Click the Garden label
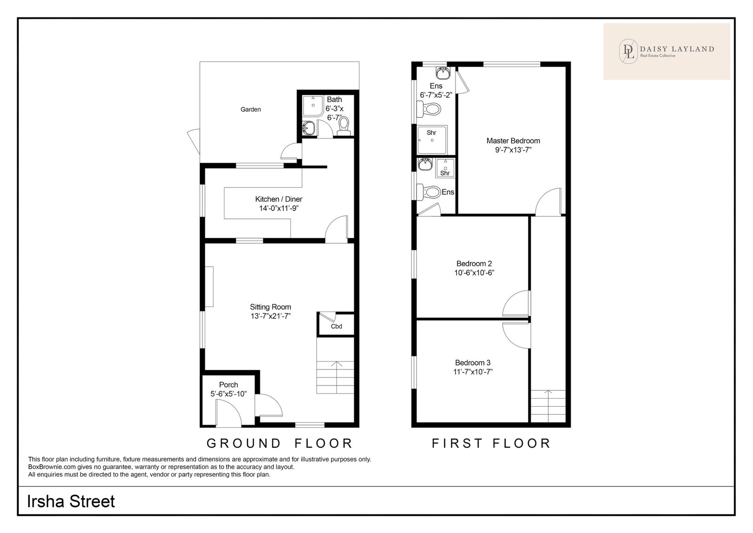(250, 109)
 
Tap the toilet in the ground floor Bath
(344, 126)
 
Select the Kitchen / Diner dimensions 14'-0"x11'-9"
(279, 208)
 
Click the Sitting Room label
(270, 307)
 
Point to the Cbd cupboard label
(336, 326)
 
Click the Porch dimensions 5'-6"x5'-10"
(229, 394)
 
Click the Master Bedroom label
(513, 141)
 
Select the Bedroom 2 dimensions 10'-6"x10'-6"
(474, 273)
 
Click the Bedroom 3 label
(473, 362)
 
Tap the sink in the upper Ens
(443, 73)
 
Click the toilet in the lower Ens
(428, 192)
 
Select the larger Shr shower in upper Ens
(432, 140)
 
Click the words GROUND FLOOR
(280, 443)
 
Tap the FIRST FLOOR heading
(491, 443)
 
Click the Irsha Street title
(71, 501)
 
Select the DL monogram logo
(628, 51)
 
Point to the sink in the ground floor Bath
(308, 128)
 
